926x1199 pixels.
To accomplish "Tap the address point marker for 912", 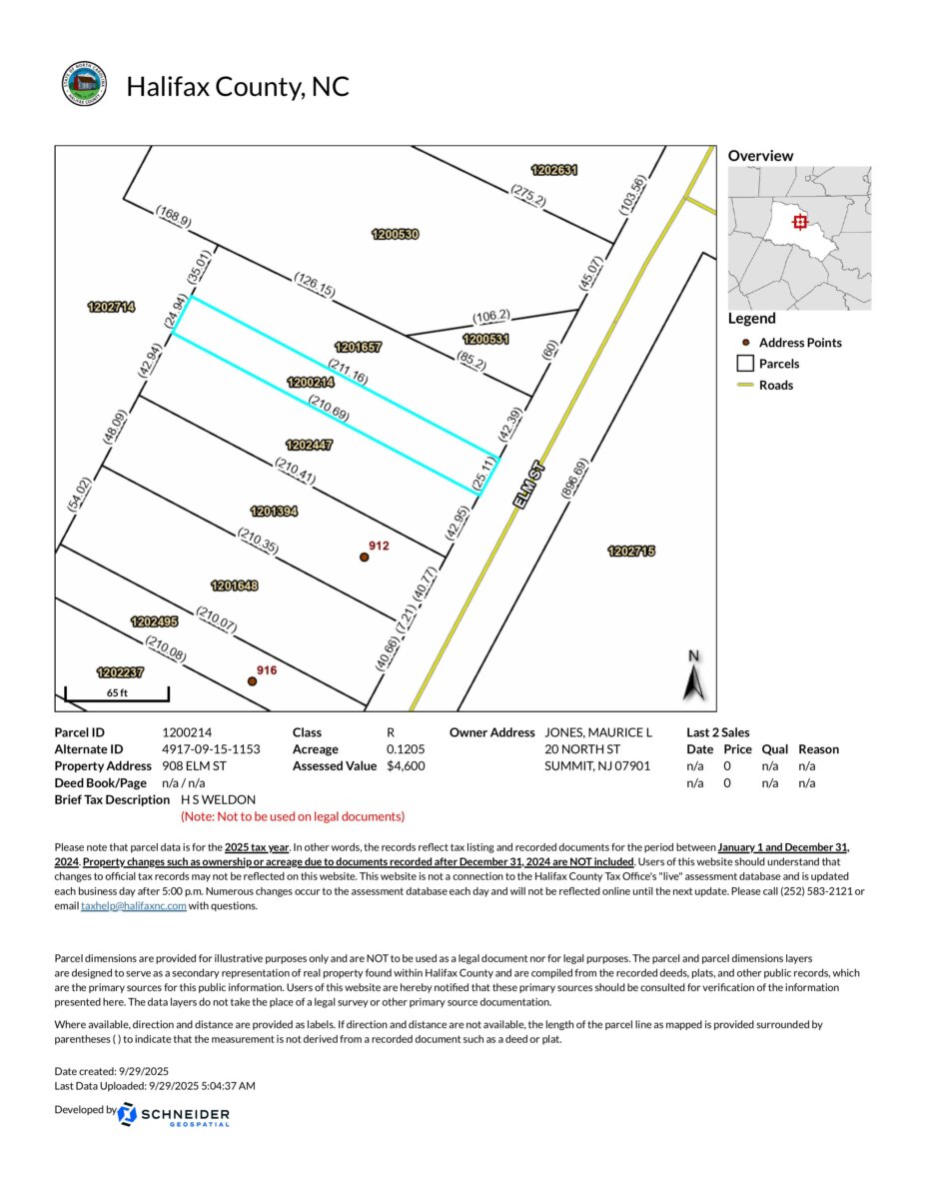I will coord(365,558).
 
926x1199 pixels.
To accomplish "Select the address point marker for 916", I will coord(253,681).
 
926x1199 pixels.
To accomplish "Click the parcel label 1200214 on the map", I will coord(311,382).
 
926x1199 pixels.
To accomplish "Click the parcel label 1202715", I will coord(631,551).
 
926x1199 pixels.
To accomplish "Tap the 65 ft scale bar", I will coord(117,692).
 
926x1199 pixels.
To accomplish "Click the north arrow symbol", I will coord(695,678).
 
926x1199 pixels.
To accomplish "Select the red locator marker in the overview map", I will coord(799,222).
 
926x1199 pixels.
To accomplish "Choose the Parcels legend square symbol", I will coord(744,364).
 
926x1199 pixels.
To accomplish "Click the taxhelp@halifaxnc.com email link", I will coord(133,906).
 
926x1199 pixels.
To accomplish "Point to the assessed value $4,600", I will coord(408,766).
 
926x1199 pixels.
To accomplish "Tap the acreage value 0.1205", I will coord(406,749).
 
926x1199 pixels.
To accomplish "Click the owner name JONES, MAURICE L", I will coord(597,732).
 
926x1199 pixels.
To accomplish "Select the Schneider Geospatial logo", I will coord(174,1115).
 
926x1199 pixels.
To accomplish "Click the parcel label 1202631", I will coord(554,170).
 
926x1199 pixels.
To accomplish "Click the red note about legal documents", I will coord(293,816).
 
